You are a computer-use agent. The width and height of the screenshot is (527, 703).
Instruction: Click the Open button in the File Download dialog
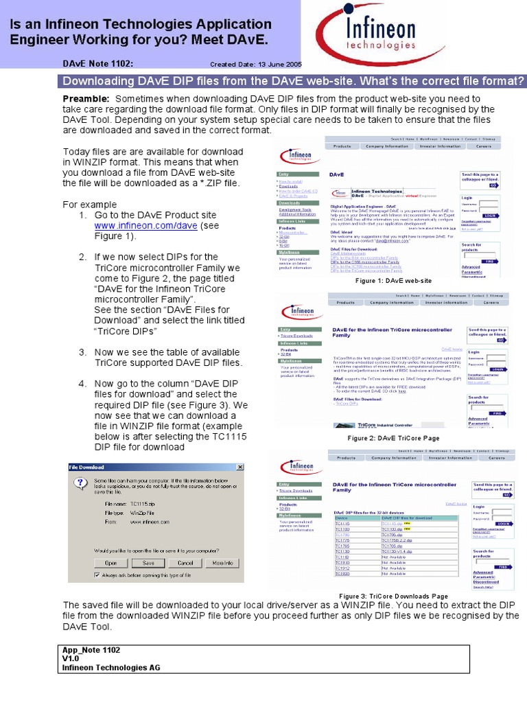point(111,562)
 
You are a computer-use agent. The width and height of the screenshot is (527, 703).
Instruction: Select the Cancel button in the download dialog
point(185,562)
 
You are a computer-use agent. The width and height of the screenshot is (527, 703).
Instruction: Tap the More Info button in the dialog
point(222,562)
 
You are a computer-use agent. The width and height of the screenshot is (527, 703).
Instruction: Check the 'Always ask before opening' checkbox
point(97,575)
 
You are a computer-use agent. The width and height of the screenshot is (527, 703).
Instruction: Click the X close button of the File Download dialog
point(239,467)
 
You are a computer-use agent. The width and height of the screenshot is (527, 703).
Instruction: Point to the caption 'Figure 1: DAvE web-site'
point(393,281)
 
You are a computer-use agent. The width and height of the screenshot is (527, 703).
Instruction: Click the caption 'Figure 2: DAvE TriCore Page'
point(393,438)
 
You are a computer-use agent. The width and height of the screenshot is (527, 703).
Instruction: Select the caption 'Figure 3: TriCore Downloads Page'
point(393,596)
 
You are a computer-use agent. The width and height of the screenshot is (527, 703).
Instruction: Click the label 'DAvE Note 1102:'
point(98,64)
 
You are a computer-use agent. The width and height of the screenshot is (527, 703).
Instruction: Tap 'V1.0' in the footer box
point(71,658)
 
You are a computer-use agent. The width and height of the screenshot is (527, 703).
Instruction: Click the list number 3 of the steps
point(82,352)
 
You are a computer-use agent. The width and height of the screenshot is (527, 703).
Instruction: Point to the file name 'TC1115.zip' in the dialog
point(143,503)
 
